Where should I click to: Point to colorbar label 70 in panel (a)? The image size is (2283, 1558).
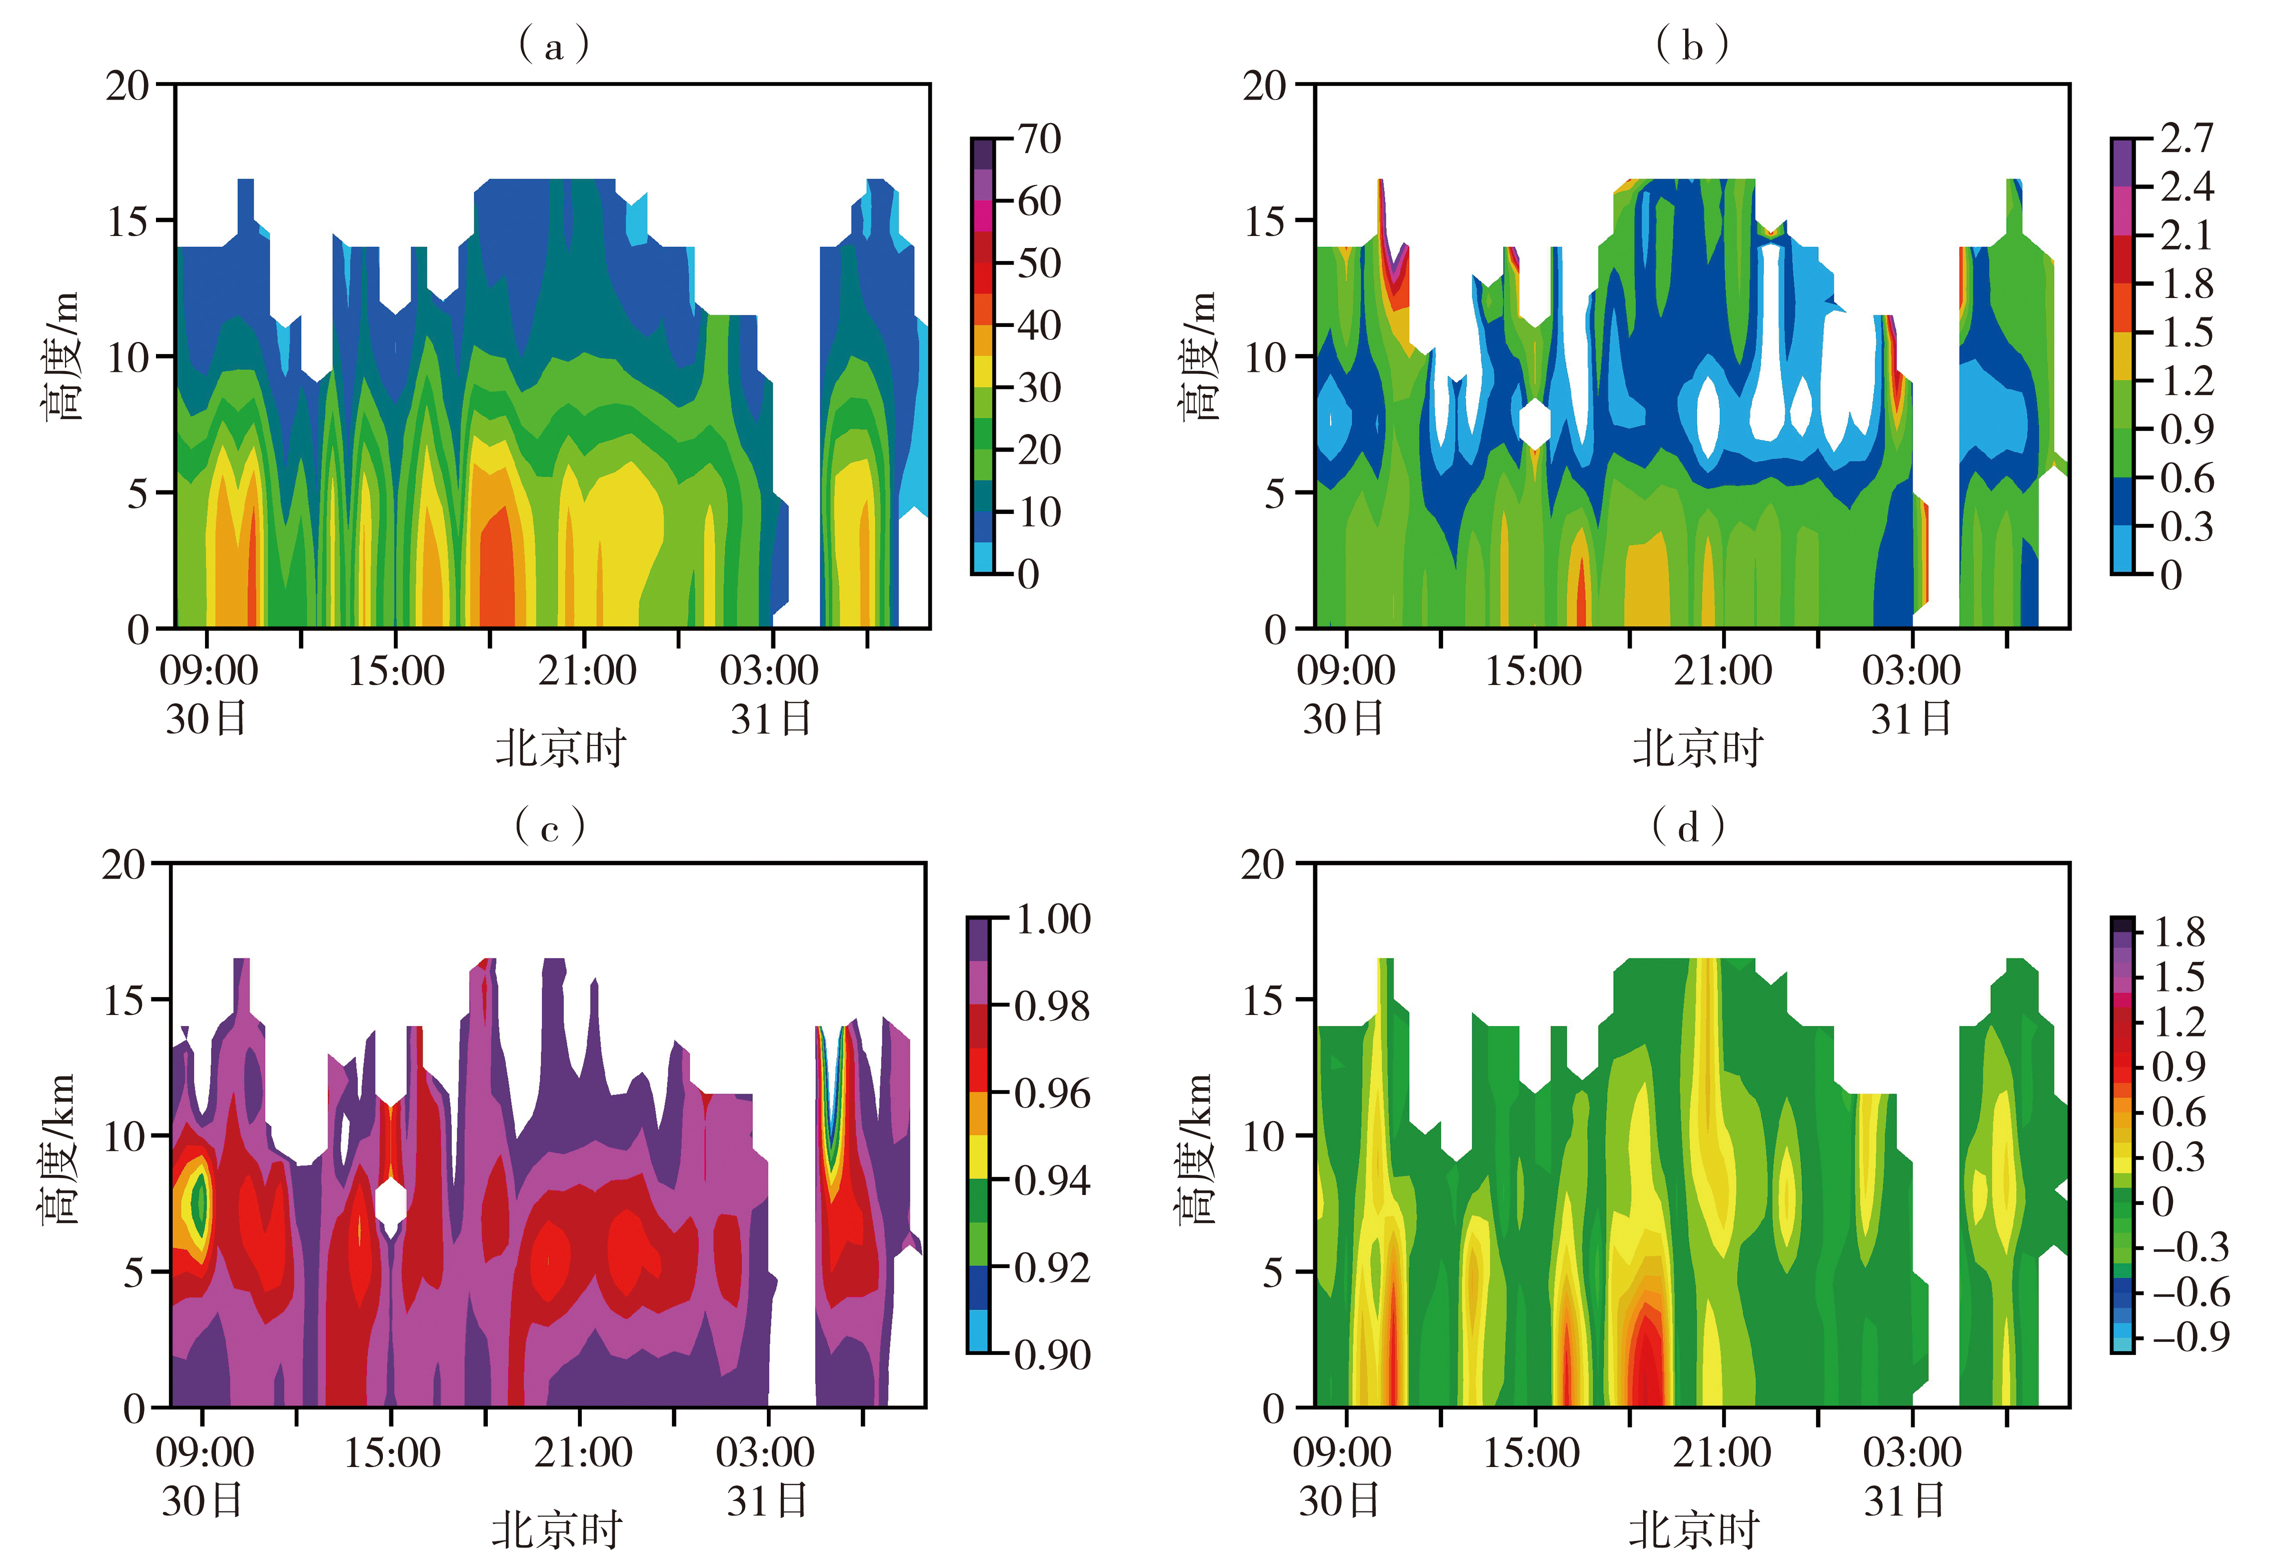pos(1038,139)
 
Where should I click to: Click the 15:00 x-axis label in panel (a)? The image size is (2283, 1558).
pos(396,671)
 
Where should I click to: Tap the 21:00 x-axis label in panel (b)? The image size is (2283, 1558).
pos(1723,671)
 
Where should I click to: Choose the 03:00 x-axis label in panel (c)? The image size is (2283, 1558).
pos(765,1452)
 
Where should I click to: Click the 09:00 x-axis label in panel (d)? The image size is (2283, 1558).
pos(1342,1452)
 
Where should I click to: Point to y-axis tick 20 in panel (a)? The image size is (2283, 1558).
pos(127,86)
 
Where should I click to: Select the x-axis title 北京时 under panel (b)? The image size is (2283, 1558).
pos(1698,748)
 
